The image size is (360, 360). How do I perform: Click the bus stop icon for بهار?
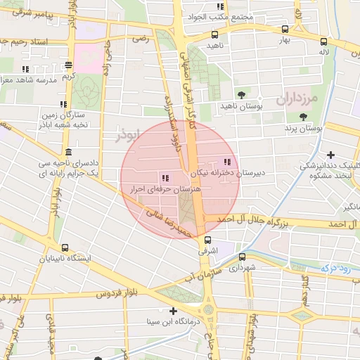pos(285,30)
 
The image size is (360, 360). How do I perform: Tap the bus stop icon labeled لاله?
pos(323,41)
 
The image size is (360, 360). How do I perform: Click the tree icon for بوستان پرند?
pos(304,117)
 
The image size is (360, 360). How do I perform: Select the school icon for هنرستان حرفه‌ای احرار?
pos(166,178)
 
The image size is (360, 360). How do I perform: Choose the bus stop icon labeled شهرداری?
pos(243,257)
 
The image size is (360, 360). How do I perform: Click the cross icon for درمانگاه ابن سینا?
pos(172,310)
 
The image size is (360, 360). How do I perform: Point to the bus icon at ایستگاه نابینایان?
pos(65,247)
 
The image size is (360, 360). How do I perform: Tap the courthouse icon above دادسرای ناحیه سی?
pos(67,153)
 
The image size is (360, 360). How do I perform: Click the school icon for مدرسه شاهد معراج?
pos(26,69)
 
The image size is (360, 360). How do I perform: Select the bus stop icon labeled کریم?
pos(68,65)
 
